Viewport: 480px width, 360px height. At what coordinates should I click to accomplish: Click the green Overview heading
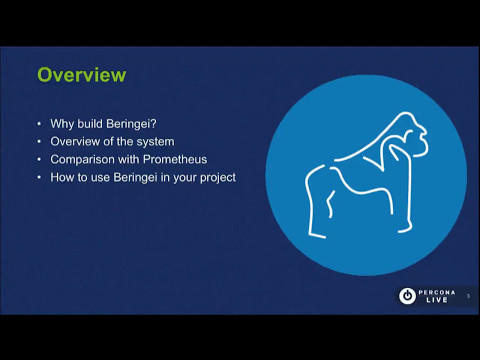pyautogui.click(x=82, y=75)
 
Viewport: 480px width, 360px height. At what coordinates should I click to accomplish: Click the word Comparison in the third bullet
pyautogui.click(x=84, y=160)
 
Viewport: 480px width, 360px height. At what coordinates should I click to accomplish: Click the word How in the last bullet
pyautogui.click(x=62, y=178)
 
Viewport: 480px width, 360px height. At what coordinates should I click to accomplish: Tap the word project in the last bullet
pyautogui.click(x=215, y=178)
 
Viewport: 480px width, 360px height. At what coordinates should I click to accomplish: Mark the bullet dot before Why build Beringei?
pyautogui.click(x=39, y=125)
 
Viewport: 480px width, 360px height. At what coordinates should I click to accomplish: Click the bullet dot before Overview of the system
pyautogui.click(x=39, y=143)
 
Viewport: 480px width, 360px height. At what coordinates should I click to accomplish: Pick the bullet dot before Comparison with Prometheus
pyautogui.click(x=39, y=161)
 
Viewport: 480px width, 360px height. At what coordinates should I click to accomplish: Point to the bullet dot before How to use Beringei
pyautogui.click(x=39, y=179)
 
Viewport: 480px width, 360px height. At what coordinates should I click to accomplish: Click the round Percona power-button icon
pyautogui.click(x=407, y=295)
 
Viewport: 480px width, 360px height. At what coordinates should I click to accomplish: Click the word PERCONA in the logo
pyautogui.click(x=437, y=290)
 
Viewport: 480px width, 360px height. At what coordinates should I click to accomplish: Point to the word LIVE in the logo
pyautogui.click(x=437, y=300)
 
